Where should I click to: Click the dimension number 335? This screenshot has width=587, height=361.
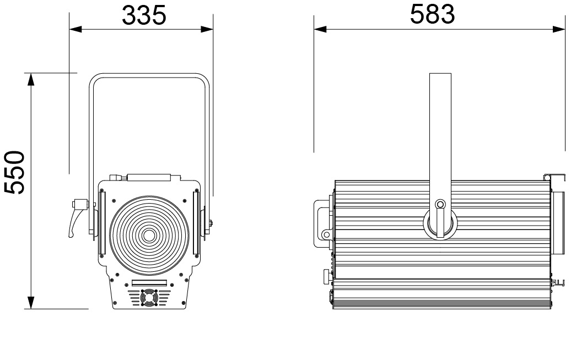[x=144, y=16]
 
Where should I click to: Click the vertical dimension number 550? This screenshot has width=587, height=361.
[x=15, y=172]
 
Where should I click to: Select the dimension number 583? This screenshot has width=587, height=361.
[x=432, y=14]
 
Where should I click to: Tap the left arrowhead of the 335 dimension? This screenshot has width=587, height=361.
[x=76, y=29]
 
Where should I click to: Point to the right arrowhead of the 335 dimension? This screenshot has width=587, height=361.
[x=207, y=29]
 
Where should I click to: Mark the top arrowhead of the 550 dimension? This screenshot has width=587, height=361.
[x=31, y=80]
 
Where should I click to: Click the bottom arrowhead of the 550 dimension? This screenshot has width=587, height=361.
[x=31, y=303]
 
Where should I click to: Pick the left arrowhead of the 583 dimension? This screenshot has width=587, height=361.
[x=320, y=29]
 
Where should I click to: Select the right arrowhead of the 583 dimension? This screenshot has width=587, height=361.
[x=559, y=29]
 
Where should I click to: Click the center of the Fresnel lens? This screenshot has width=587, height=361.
[x=149, y=236]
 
